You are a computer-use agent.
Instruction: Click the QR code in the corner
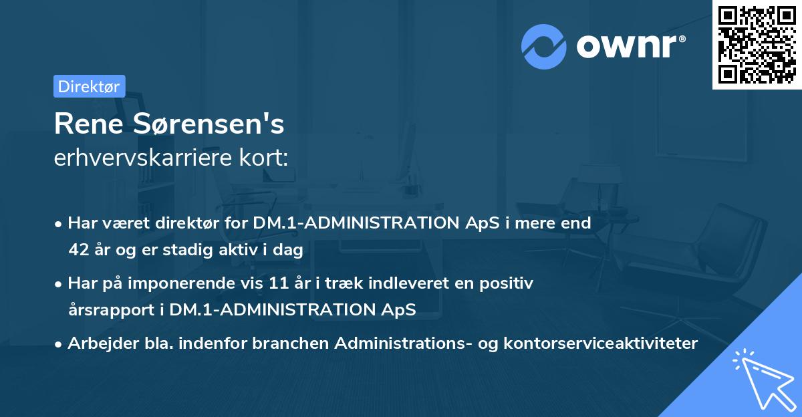tap(757, 44)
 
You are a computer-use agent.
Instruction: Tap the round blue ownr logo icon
tap(545, 47)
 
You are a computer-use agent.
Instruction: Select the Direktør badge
tap(89, 86)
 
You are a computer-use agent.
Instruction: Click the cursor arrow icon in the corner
tap(762, 379)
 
